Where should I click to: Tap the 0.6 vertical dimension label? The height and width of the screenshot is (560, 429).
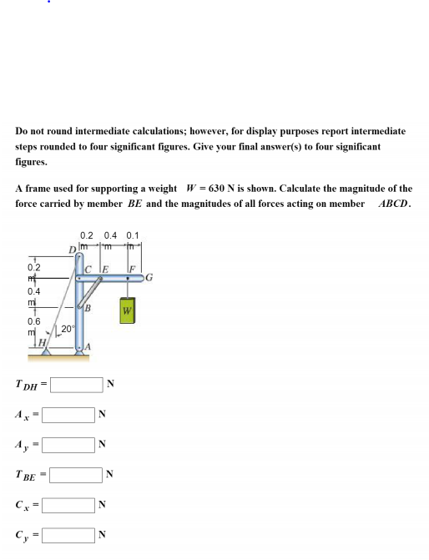[x=35, y=321]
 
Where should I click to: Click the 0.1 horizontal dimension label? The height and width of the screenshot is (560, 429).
[x=134, y=235]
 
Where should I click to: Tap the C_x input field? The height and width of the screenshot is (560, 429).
[x=68, y=504]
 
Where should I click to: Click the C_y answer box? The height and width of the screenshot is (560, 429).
[x=68, y=534]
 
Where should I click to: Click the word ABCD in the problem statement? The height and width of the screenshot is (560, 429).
[x=395, y=204]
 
